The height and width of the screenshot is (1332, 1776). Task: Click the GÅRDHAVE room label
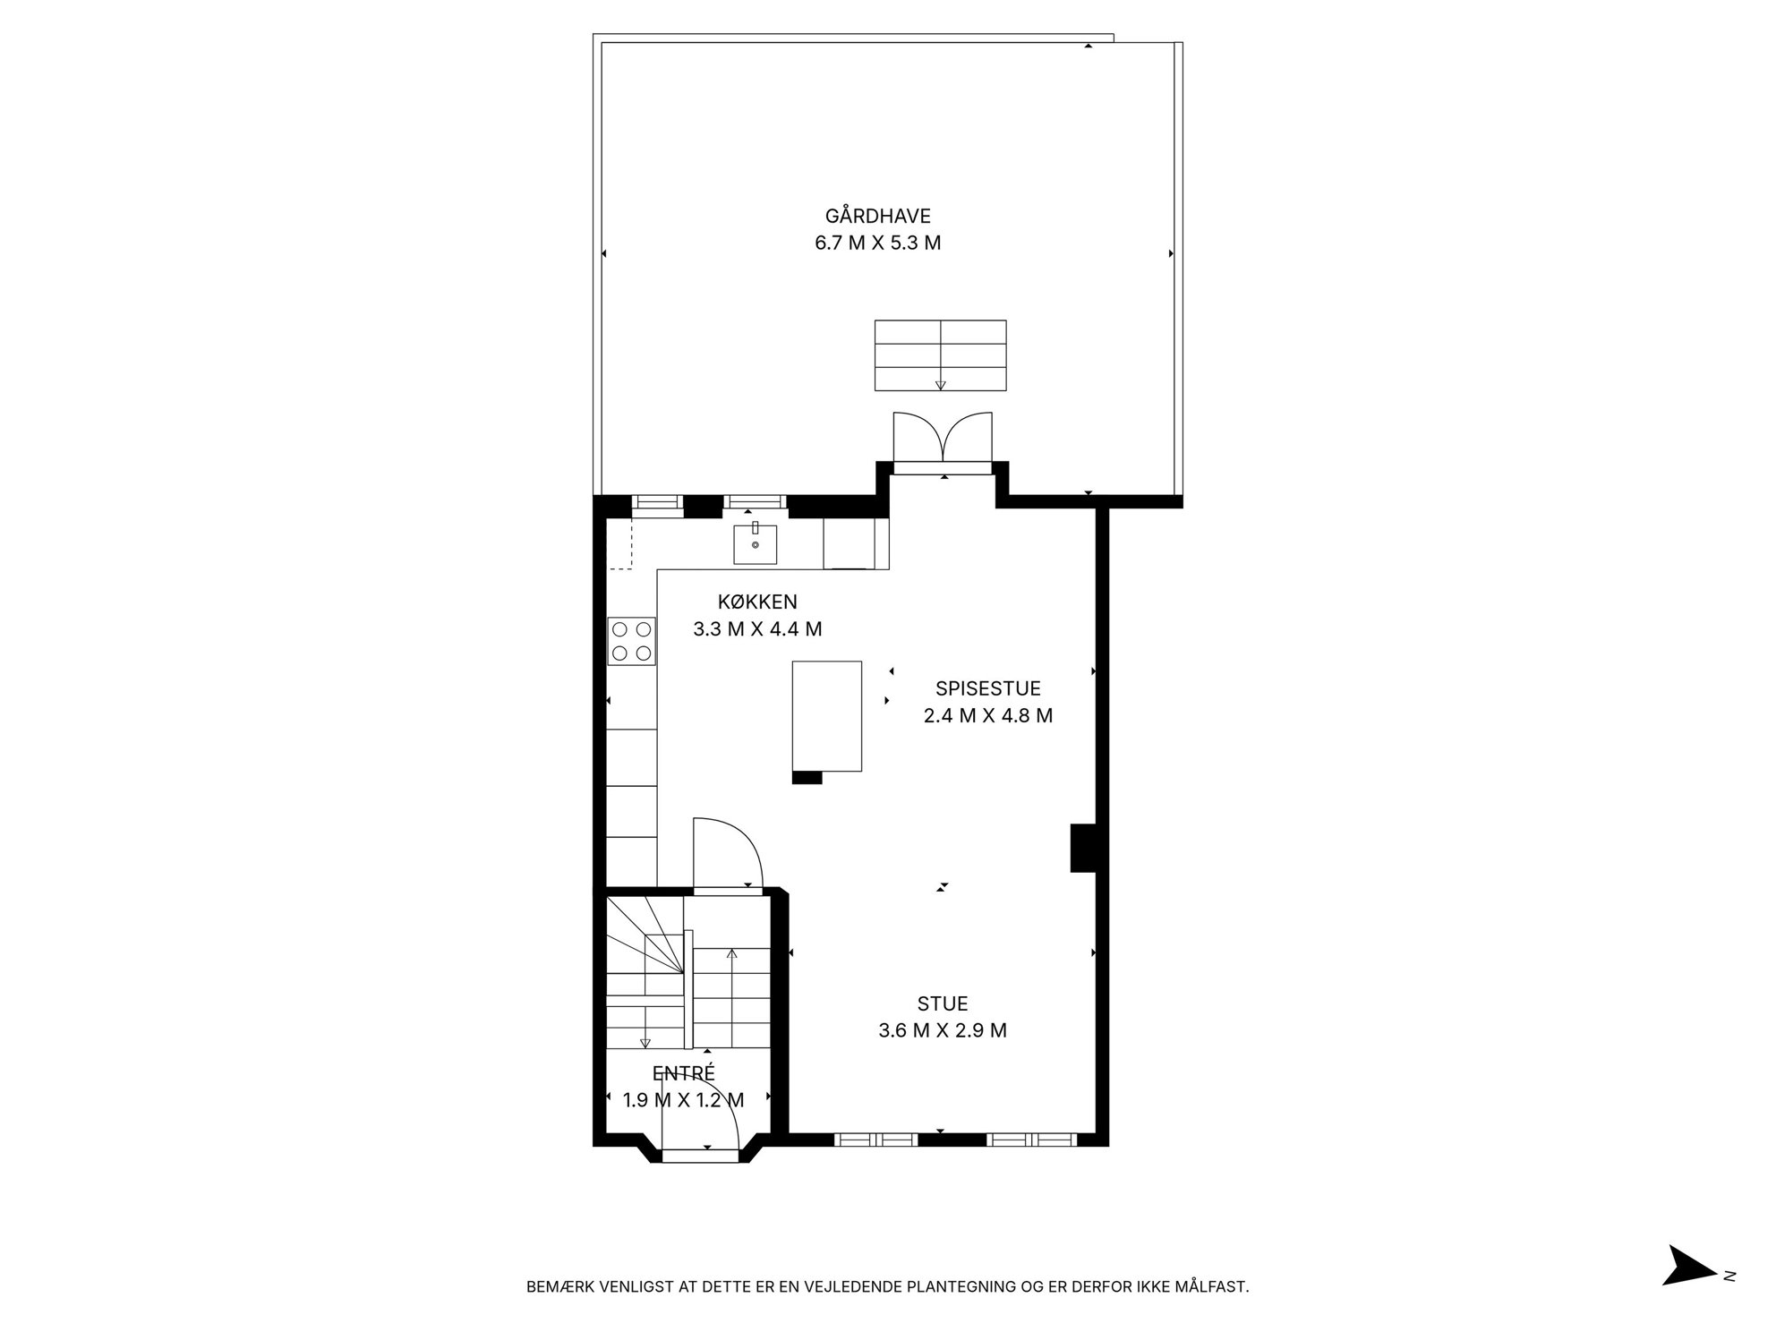(877, 216)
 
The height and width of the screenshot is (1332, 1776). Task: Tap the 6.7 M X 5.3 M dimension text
(877, 243)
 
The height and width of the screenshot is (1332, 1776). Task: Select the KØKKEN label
(757, 602)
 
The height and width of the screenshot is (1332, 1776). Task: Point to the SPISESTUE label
(988, 688)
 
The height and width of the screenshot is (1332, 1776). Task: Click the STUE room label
(943, 1003)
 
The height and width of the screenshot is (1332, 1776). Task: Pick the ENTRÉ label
(684, 1073)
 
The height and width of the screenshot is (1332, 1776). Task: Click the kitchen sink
(756, 544)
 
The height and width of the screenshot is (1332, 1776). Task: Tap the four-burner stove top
(632, 641)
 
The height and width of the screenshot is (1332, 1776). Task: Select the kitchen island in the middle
(827, 716)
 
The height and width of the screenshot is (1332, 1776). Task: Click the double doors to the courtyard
(943, 442)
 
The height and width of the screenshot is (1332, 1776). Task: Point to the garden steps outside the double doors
(940, 355)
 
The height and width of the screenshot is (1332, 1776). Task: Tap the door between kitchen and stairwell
(727, 855)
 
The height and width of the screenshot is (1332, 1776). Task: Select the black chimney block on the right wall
(1084, 847)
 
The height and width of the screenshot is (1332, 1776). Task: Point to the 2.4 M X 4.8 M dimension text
(988, 716)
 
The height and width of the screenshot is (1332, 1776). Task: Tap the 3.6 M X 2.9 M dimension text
(943, 1030)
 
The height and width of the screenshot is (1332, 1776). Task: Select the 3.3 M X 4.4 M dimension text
(757, 629)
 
